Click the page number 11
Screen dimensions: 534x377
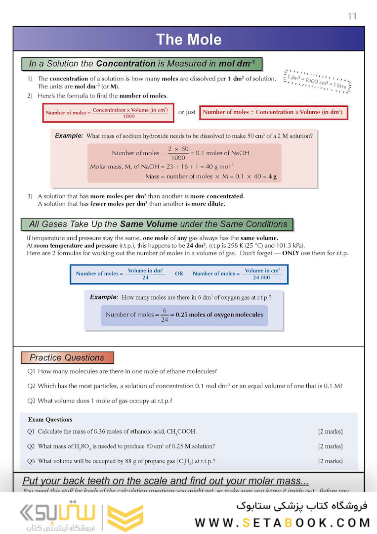point(352,16)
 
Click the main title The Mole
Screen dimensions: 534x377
point(189,40)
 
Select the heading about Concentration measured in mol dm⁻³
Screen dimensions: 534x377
point(142,64)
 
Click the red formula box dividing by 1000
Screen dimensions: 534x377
point(108,113)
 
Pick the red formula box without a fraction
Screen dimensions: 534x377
point(273,112)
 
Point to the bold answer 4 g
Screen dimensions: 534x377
point(272,177)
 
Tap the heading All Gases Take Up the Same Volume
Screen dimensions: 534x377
point(158,224)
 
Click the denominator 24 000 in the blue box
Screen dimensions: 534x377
point(262,278)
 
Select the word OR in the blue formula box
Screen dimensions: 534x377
point(179,273)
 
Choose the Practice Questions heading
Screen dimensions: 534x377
point(67,357)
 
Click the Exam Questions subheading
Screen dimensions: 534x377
point(50,419)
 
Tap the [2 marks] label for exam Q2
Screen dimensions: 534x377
point(330,446)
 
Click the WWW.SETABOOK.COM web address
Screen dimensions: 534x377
point(282,523)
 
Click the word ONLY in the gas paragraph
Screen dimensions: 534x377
point(293,253)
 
